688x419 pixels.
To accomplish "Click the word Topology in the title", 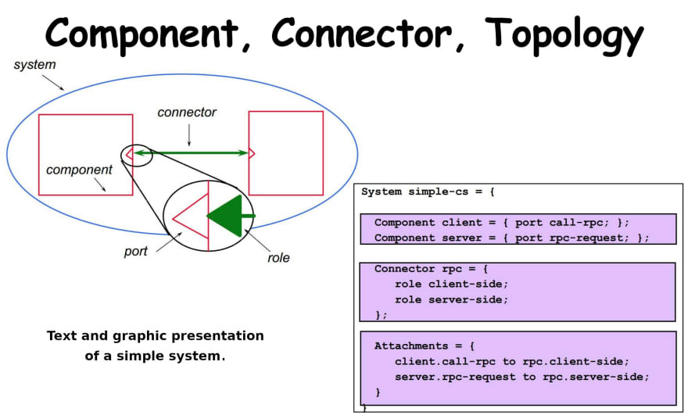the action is [564, 35].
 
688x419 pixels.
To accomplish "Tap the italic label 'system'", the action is [34, 65].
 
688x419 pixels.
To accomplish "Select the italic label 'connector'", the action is [187, 113].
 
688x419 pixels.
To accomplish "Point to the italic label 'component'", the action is [79, 170].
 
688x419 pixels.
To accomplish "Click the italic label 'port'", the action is [135, 252].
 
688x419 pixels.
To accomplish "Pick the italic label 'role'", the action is [278, 257].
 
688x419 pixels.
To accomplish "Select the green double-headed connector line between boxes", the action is [191, 152].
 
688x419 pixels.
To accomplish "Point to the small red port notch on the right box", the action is [252, 153].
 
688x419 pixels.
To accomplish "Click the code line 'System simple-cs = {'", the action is [428, 192].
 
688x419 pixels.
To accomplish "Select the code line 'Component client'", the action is [501, 223].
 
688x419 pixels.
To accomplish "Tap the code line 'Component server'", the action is [511, 238].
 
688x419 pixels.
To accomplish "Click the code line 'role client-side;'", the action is [451, 284].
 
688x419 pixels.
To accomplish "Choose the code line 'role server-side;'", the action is [451, 299].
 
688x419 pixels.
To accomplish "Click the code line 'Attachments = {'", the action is [425, 346].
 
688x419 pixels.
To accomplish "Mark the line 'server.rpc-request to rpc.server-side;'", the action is [521, 377].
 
